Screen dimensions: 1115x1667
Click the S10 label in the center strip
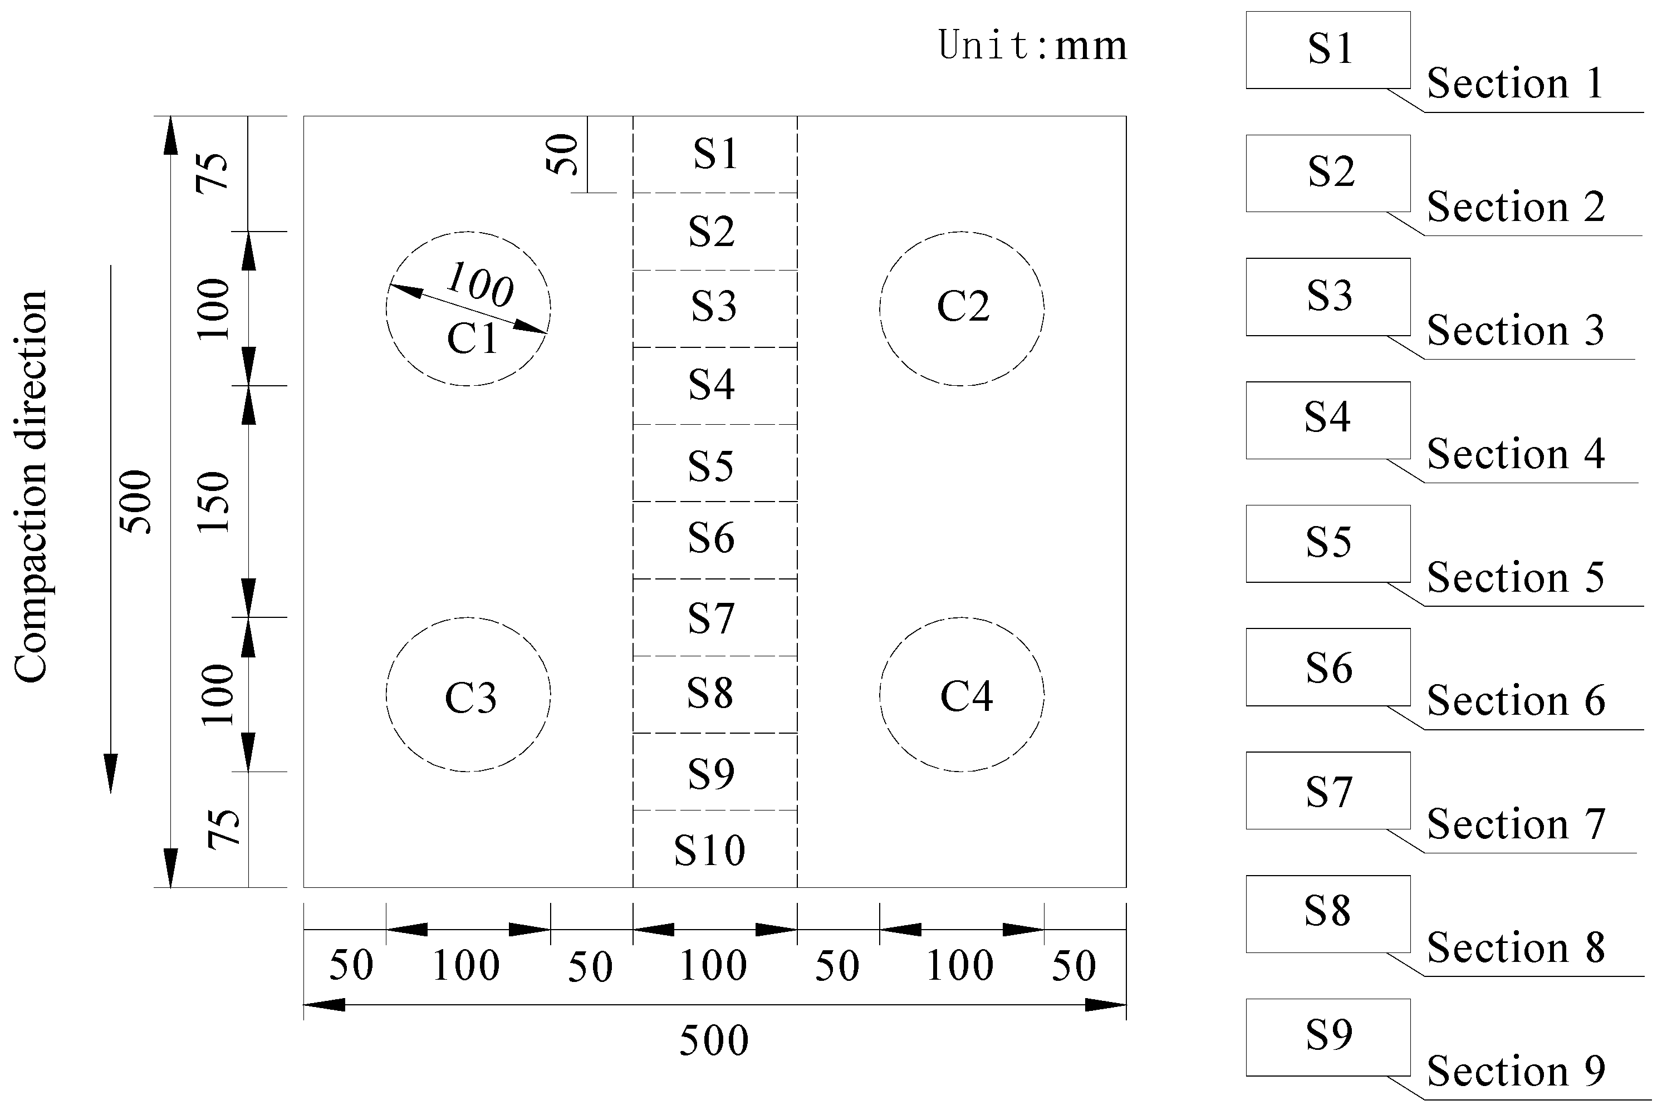[710, 850]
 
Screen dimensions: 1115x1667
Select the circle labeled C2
[962, 308]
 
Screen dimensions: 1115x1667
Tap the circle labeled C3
[468, 695]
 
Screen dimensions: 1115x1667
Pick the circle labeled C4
[962, 695]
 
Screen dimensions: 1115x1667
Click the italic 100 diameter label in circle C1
[480, 284]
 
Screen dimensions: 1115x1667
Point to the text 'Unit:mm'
[1033, 46]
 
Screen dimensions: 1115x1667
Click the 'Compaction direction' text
[31, 487]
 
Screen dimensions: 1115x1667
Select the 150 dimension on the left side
[213, 502]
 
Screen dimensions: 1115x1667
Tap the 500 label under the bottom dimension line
[714, 1040]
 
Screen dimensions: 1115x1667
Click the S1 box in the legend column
[1328, 50]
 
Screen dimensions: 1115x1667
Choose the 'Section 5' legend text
[1516, 577]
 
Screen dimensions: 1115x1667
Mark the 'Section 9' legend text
[1516, 1070]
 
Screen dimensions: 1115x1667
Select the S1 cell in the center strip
[715, 154]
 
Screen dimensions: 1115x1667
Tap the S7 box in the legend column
[1328, 790]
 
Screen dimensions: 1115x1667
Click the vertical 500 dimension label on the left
[136, 502]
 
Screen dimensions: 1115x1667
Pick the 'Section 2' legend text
[1516, 207]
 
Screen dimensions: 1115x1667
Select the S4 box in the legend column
[1328, 420]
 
